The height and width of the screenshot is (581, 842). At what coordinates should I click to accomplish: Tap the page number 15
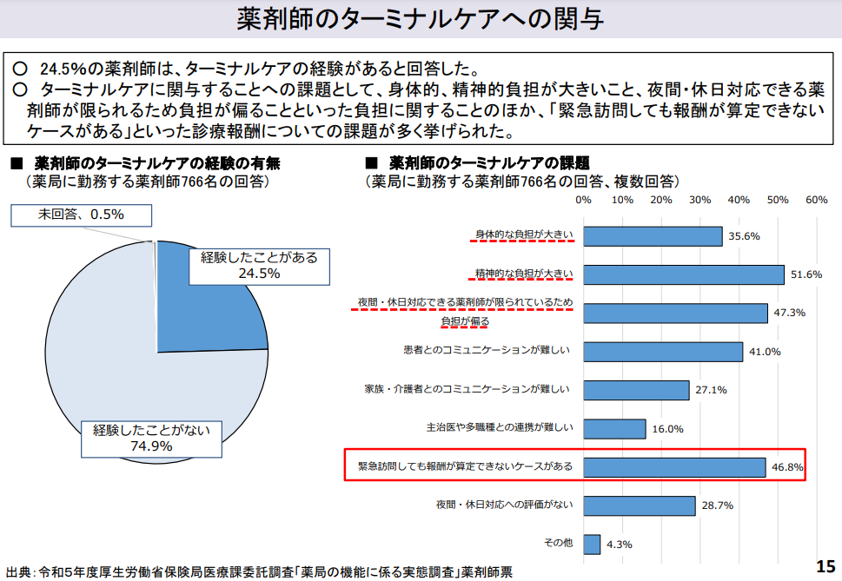pos(825,566)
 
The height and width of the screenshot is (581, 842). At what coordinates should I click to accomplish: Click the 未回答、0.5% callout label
pos(81,215)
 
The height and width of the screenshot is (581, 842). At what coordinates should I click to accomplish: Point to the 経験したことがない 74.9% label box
pos(152,439)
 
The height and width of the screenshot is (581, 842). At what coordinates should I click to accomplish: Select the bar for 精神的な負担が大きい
pos(683,274)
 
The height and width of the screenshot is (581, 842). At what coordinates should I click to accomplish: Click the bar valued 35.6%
pos(653,236)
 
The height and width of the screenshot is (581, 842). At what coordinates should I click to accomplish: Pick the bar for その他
pos(592,544)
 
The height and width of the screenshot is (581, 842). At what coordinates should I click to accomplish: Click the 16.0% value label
pos(667,428)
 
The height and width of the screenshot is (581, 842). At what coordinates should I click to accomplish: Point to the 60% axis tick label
pos(816,201)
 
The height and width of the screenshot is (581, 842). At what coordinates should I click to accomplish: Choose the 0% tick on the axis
pos(583,201)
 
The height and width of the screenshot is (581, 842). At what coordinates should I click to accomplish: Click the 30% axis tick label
pos(699,201)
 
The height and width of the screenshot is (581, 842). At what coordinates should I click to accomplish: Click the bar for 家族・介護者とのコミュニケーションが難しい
pos(636,390)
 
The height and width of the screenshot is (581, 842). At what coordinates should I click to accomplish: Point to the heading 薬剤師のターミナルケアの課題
pos(489,162)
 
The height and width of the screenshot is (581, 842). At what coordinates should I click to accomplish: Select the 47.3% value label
pos(790,313)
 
